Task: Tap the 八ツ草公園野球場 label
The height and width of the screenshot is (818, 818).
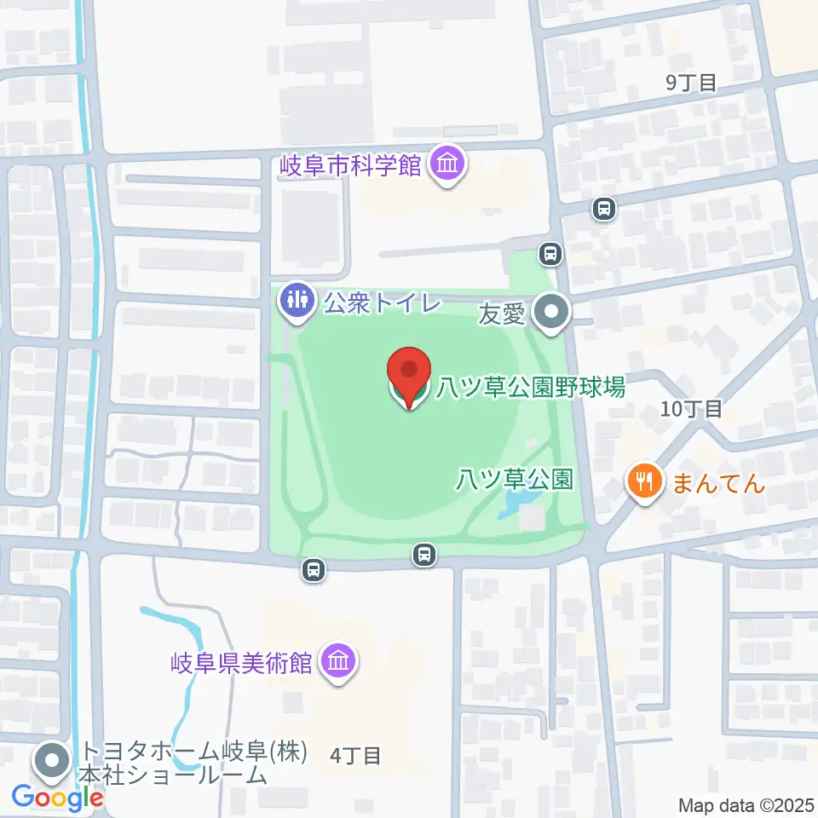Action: pyautogui.click(x=531, y=388)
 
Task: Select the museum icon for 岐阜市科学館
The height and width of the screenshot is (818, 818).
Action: pyautogui.click(x=446, y=164)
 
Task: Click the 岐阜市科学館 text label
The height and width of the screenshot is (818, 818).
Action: pyautogui.click(x=351, y=164)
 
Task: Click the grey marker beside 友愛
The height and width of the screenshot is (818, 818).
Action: pyautogui.click(x=552, y=314)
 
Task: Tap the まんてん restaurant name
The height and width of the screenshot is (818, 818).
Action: pyautogui.click(x=719, y=484)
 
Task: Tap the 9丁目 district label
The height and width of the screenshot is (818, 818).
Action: pyautogui.click(x=691, y=82)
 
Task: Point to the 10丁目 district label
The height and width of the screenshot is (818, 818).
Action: pyautogui.click(x=691, y=409)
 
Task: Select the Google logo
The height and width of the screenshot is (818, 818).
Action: pyautogui.click(x=58, y=798)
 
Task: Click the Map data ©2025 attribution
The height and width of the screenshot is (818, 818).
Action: pyautogui.click(x=746, y=804)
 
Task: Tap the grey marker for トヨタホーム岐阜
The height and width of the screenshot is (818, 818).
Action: pyautogui.click(x=53, y=762)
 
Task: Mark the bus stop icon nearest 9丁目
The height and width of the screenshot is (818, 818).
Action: pyautogui.click(x=603, y=209)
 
